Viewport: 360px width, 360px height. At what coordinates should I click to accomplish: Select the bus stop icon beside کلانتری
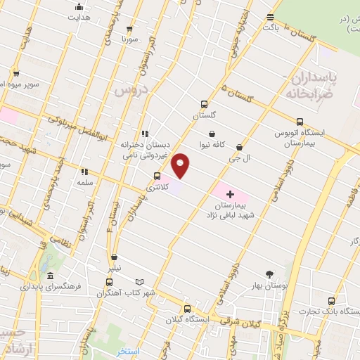point(156,176)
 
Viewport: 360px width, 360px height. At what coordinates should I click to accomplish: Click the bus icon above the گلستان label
point(204,104)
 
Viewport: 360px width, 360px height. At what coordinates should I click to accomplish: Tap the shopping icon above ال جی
point(240,148)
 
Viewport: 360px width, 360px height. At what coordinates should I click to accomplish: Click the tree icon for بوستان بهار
point(270,275)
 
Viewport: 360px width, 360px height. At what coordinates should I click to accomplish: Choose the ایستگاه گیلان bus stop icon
point(187,309)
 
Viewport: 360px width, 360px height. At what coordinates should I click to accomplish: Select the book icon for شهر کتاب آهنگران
point(139,282)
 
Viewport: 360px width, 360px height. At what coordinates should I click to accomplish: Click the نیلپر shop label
point(114,269)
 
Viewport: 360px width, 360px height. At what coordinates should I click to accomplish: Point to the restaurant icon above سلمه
point(84,171)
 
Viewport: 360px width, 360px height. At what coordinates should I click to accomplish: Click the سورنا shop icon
point(127,29)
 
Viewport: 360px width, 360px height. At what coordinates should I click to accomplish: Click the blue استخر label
point(128,351)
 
